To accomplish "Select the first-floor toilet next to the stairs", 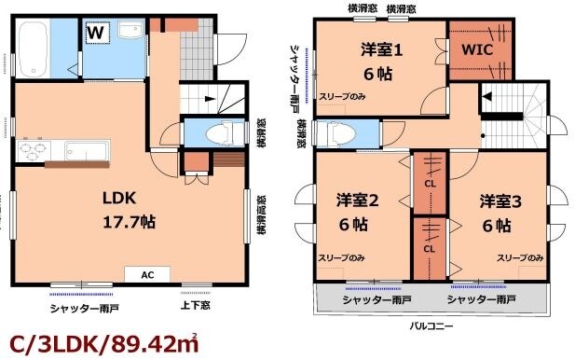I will (x=215, y=133).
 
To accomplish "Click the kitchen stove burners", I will (x=34, y=150).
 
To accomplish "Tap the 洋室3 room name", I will (x=500, y=201).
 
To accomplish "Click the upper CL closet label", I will (x=430, y=184).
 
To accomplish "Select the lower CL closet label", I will (x=430, y=249).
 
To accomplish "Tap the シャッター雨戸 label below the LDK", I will (x=83, y=304).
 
